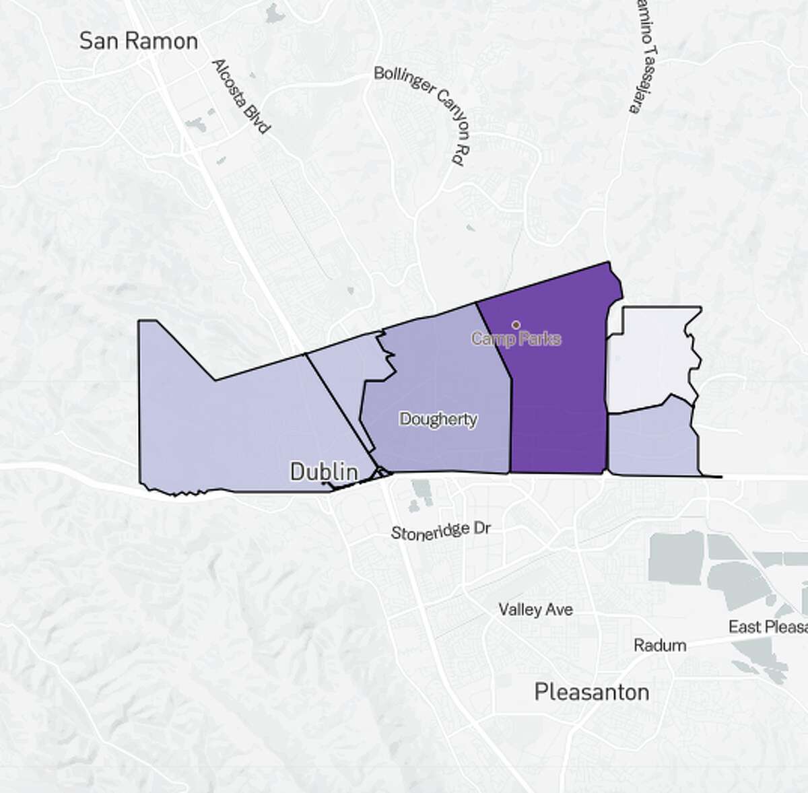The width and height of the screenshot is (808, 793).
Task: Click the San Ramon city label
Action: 138,41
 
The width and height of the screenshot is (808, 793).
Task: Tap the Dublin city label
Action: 323,471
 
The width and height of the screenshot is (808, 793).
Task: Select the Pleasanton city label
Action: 592,691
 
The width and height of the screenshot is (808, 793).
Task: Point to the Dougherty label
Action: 438,419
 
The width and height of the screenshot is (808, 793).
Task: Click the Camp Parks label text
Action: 516,339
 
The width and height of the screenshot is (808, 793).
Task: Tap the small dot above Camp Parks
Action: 516,324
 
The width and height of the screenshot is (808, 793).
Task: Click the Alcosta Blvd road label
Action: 240,95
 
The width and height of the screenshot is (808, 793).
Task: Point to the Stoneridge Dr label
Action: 441,530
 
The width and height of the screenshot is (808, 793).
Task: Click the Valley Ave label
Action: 536,610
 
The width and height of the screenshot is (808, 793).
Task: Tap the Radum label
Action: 660,646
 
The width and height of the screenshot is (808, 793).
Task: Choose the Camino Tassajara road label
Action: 644,57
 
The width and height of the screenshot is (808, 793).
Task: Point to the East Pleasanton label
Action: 768,627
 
